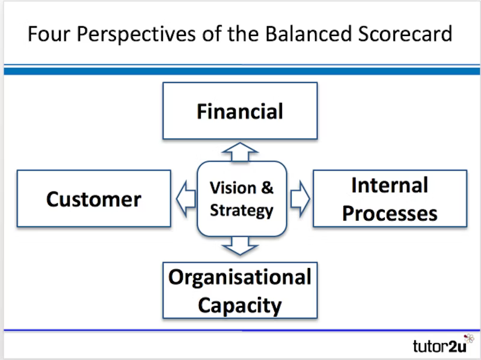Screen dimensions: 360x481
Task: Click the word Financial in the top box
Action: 240,112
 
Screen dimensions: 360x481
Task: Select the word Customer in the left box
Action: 94,199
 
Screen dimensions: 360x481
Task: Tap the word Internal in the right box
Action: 390,185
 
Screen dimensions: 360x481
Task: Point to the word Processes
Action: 390,213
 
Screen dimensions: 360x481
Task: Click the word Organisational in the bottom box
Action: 240,277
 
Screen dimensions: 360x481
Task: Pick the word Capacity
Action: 240,305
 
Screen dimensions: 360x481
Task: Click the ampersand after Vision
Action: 267,188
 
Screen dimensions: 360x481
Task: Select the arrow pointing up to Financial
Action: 240,151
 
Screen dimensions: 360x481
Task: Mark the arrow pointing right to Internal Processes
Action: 299,198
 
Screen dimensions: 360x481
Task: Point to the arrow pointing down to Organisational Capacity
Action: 240,245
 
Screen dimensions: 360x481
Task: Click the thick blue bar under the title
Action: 240,71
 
